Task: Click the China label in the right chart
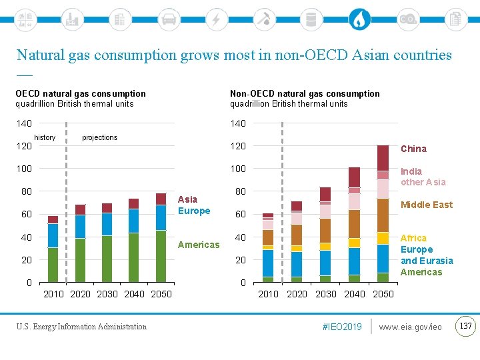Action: tap(413, 149)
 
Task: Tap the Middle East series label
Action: tap(426, 205)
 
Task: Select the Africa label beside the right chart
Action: tap(413, 238)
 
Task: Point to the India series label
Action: tap(411, 171)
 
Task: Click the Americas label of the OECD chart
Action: tap(198, 245)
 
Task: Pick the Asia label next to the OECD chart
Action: tap(187, 199)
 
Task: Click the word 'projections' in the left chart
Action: tap(99, 138)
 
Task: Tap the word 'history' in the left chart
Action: tap(45, 137)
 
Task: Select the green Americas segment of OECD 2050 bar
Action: tap(161, 256)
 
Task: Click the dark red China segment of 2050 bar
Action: tap(383, 158)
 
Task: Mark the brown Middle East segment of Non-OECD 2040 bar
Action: tap(354, 223)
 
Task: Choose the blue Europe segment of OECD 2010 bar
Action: tap(53, 235)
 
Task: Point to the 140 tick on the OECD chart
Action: tap(24, 123)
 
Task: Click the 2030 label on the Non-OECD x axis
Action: tap(326, 294)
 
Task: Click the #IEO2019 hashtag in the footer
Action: tap(341, 327)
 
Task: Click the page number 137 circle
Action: tap(466, 326)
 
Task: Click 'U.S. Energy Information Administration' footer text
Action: tap(81, 327)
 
